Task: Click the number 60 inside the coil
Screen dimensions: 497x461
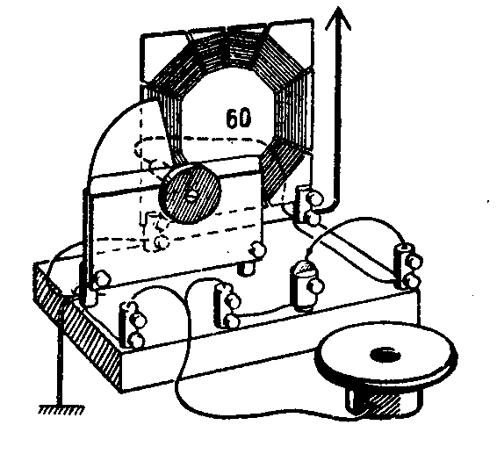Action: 239,119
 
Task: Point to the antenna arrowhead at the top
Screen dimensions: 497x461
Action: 338,18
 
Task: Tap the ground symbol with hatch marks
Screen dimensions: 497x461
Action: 61,410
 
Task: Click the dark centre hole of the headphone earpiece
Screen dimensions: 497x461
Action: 385,355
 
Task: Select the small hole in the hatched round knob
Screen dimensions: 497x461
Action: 191,196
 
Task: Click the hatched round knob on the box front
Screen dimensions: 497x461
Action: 191,194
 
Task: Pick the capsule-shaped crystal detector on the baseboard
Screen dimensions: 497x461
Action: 306,285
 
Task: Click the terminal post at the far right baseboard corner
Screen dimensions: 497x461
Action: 408,266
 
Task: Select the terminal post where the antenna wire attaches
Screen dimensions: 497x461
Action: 308,205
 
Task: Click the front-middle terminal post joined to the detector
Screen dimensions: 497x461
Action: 227,306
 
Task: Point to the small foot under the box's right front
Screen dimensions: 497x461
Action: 247,268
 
